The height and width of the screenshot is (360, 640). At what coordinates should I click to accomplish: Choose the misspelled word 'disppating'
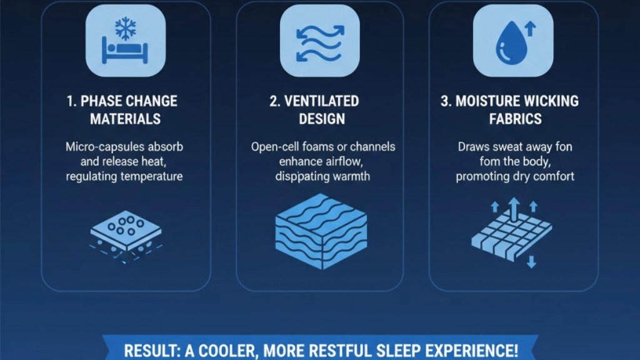coord(299,176)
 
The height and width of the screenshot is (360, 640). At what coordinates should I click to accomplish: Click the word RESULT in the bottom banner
coord(150,351)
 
